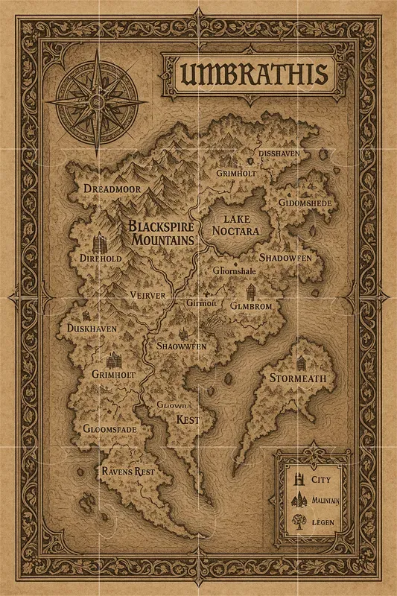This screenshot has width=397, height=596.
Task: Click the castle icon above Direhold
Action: [101, 242]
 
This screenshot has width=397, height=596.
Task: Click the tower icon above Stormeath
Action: [301, 363]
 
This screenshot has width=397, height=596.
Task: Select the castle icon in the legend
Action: [298, 478]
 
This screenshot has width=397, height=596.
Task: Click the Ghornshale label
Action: [235, 270]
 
